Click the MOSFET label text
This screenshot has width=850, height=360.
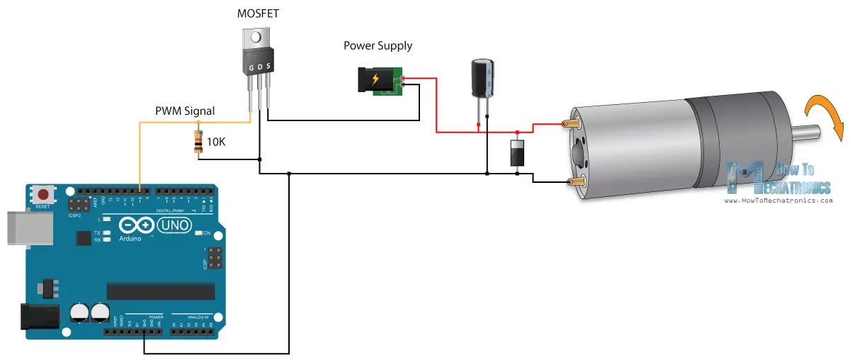click(x=257, y=13)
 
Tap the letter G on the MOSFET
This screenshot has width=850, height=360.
click(x=250, y=68)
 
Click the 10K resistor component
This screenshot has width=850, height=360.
click(x=198, y=141)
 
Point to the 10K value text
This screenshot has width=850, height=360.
click(x=217, y=142)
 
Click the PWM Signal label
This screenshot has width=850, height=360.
click(x=185, y=111)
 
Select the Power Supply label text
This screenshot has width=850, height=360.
click(x=378, y=46)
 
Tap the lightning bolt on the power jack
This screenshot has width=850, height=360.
click(x=375, y=79)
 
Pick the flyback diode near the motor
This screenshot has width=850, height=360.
click(x=518, y=154)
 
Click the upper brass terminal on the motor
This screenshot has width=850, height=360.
click(x=571, y=125)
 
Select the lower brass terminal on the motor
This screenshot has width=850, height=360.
click(x=574, y=184)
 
